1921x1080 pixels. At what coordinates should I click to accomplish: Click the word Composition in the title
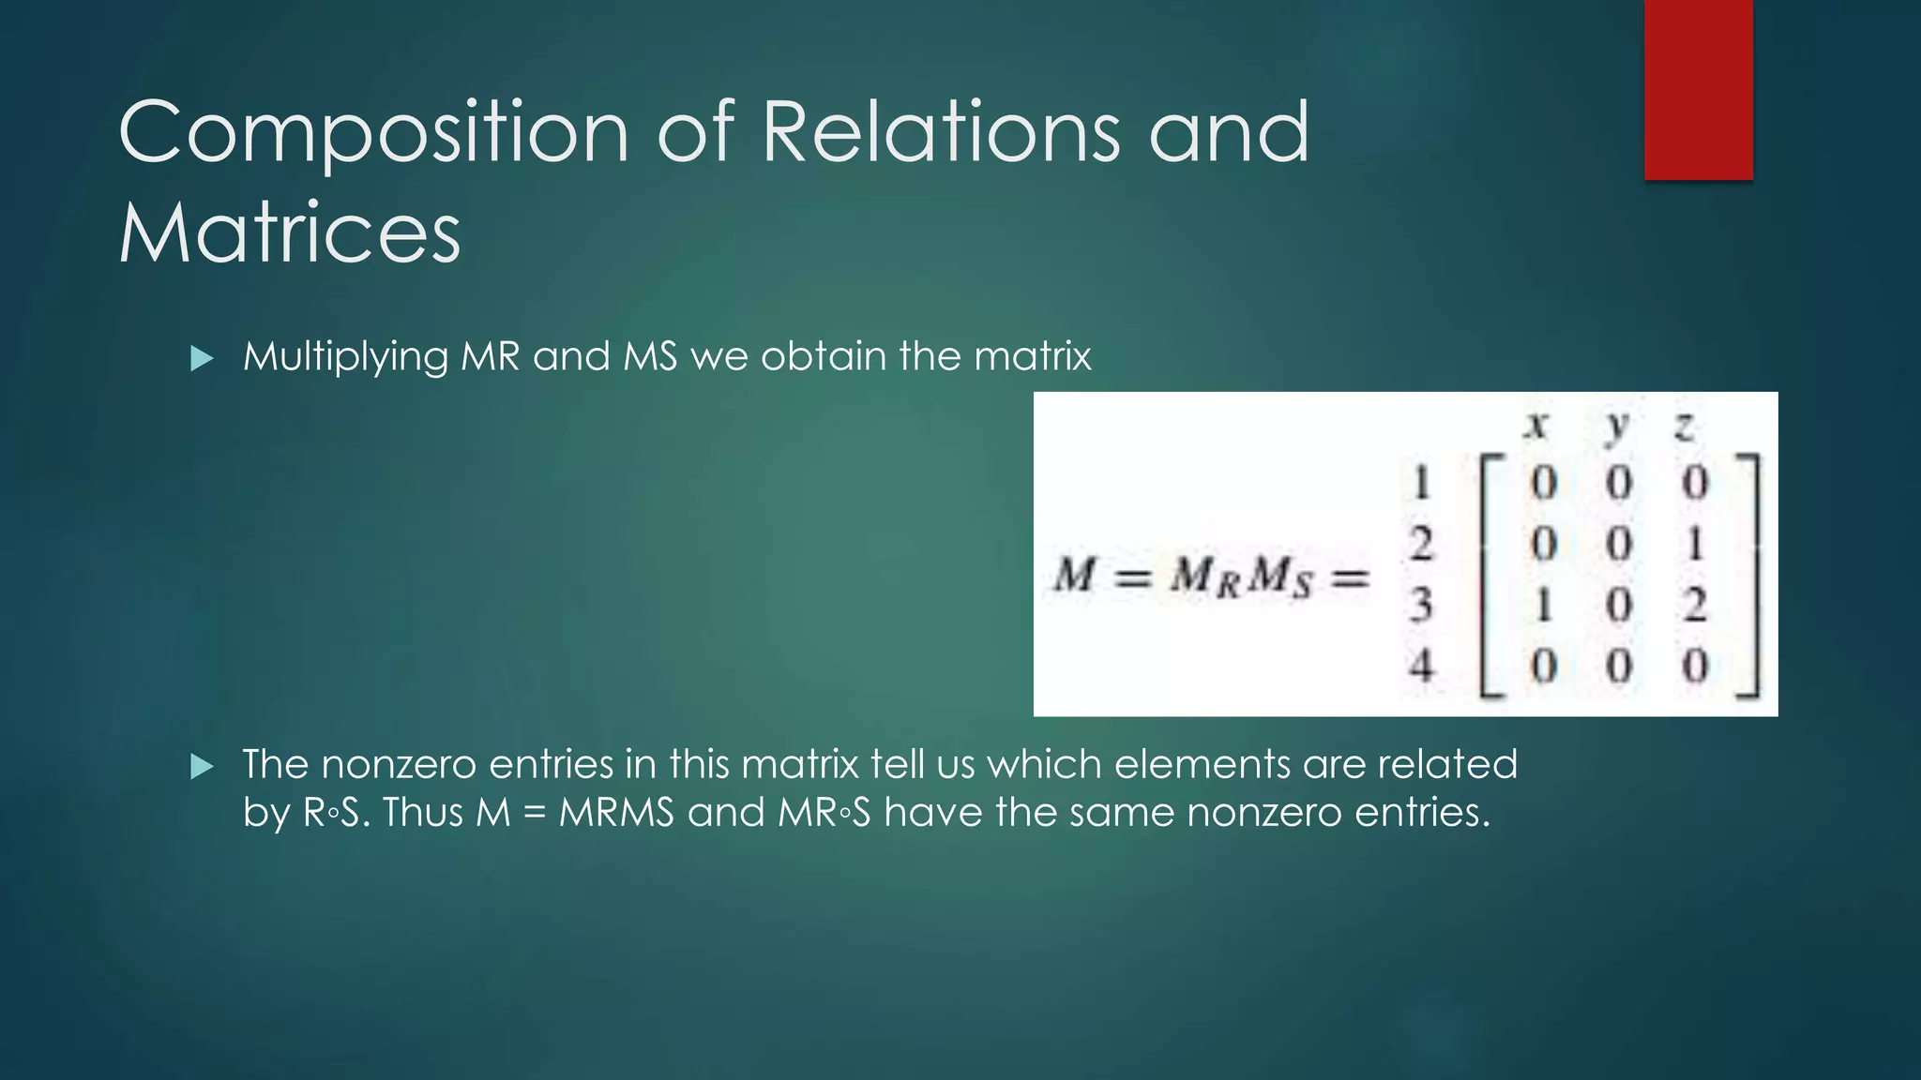[373, 133]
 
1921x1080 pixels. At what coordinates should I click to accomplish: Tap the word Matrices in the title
[290, 232]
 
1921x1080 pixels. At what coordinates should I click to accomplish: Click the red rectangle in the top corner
[1698, 90]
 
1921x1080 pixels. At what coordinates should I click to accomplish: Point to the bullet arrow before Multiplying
[202, 358]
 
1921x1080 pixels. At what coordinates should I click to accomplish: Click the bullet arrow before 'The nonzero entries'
[202, 767]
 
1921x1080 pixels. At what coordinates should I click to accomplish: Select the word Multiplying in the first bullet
[345, 357]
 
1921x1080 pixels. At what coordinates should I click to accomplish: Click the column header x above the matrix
[1535, 427]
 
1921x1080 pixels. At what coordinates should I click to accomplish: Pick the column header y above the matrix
[1616, 427]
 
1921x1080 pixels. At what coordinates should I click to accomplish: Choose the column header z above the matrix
[1685, 427]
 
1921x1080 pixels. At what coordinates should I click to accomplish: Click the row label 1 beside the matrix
[1422, 483]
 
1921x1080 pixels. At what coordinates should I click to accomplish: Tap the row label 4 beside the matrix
[1422, 666]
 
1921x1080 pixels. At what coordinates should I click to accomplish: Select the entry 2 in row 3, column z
[1694, 606]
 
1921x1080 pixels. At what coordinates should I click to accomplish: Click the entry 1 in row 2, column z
[1694, 544]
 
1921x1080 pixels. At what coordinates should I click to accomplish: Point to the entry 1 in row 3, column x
[1543, 606]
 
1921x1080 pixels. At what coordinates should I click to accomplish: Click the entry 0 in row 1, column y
[1619, 484]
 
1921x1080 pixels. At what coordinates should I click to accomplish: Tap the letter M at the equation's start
[1075, 574]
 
